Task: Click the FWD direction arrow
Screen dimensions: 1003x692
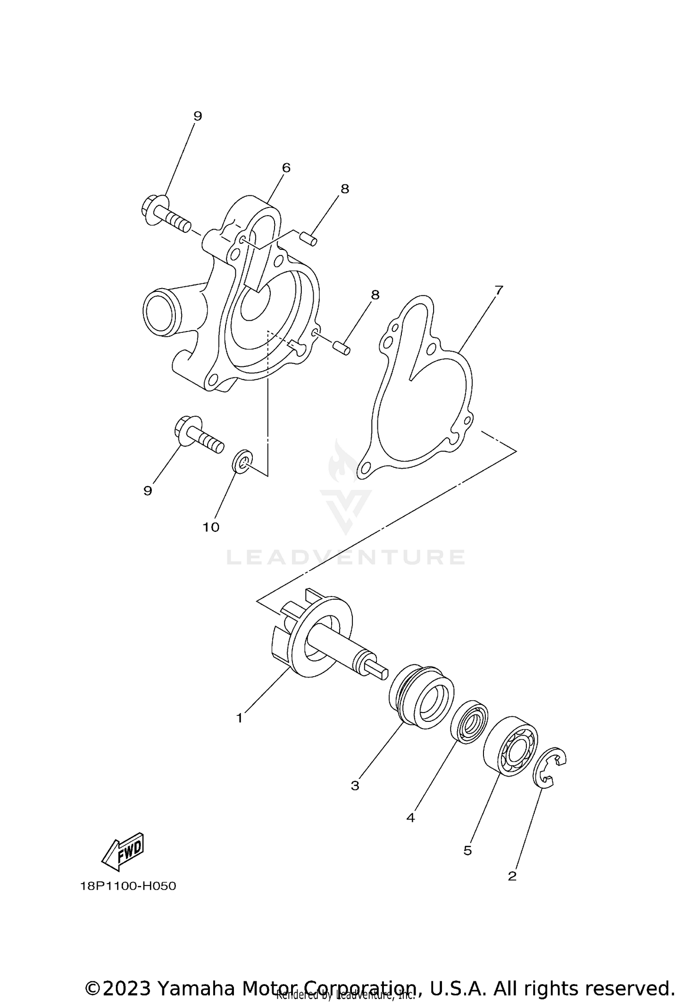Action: coord(124,850)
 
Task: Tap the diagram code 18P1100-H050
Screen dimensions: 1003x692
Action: coord(128,886)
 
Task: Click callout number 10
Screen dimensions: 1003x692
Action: coord(211,527)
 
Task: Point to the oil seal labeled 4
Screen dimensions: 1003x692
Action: coord(469,721)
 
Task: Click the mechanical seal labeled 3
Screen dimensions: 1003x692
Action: coord(421,696)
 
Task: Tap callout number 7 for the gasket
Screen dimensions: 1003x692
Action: coord(498,290)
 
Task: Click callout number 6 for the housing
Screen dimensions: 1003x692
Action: coord(286,168)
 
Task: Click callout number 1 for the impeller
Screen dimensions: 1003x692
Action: coord(239,718)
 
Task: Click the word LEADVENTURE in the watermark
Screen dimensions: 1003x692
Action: coord(346,557)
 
